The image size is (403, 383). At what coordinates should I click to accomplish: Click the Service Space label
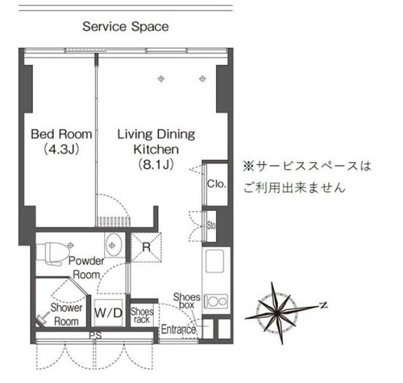click(125, 27)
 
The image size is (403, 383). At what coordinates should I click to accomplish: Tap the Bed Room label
click(61, 135)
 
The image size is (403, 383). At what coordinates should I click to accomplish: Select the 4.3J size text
click(61, 150)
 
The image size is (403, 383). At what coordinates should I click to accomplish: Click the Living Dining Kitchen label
click(156, 142)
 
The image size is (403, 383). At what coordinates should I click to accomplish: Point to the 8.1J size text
click(156, 165)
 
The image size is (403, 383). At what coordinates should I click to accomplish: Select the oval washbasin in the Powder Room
click(113, 244)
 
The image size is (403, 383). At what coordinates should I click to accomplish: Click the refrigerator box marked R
click(146, 247)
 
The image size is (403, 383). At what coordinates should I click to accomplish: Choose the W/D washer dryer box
click(109, 314)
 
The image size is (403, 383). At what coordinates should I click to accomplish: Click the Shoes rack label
click(142, 315)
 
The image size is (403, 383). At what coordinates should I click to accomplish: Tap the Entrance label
click(178, 330)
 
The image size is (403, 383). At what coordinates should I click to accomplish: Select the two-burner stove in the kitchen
click(217, 300)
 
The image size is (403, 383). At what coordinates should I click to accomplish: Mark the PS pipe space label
click(92, 335)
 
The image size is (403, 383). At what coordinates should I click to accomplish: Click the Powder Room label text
click(87, 268)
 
